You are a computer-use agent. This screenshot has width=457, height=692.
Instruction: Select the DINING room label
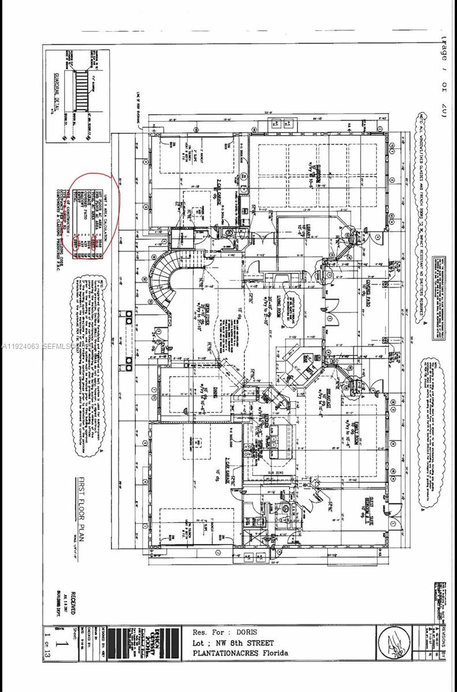click(205, 398)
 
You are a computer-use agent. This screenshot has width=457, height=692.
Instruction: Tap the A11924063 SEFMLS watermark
click(36, 347)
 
